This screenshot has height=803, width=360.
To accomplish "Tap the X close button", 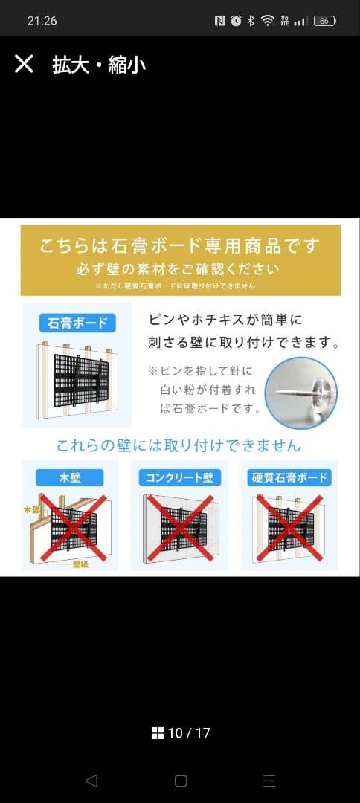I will [x=24, y=64].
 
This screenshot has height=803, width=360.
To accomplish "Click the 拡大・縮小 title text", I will [x=99, y=65].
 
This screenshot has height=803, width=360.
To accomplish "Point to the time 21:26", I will [x=42, y=21].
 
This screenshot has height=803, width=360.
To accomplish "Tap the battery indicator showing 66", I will [x=324, y=21].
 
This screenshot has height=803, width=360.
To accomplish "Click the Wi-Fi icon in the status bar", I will [x=267, y=21].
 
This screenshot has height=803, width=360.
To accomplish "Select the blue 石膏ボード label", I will [x=77, y=323].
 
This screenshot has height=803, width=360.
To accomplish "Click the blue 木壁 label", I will [x=69, y=477].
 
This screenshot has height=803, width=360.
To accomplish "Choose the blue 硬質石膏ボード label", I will [x=289, y=477].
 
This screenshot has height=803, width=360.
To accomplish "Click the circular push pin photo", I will [x=301, y=392].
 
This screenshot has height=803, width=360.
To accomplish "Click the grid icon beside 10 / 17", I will [x=157, y=733].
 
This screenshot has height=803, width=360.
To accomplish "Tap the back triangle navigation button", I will [x=91, y=781].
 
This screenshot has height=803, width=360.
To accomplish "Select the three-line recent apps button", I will [x=269, y=781].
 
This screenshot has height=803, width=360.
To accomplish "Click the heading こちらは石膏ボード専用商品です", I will [x=180, y=245].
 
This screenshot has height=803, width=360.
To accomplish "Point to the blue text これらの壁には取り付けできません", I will [x=179, y=445].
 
